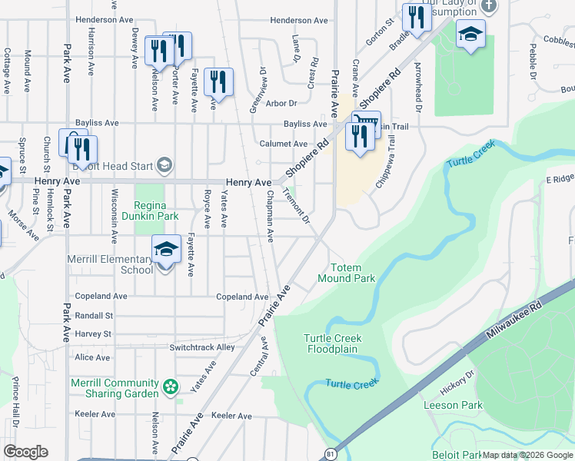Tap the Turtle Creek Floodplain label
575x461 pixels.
[332, 343]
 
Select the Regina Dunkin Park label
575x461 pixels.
[156, 211]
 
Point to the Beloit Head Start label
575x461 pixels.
[114, 164]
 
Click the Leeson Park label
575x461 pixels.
[453, 405]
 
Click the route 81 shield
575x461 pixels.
[330, 453]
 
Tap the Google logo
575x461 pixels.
[25, 452]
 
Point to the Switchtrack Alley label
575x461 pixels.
[202, 347]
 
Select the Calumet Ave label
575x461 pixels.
[284, 144]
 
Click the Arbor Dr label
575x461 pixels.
[281, 103]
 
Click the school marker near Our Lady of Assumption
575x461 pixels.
[470, 35]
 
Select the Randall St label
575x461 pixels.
[94, 315]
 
